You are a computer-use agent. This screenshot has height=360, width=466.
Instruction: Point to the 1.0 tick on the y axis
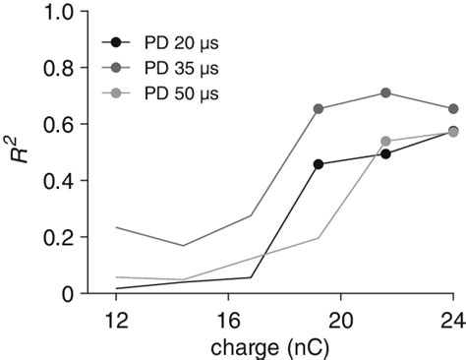62,13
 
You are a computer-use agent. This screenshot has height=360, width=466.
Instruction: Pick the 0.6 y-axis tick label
62,125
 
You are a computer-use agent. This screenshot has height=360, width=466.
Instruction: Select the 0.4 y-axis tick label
62,181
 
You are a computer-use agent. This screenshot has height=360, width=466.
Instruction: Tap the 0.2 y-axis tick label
62,237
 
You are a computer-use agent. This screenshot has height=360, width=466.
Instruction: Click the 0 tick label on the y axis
69,293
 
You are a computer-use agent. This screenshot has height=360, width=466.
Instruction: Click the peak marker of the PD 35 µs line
385,93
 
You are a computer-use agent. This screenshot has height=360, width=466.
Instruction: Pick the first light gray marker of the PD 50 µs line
385,142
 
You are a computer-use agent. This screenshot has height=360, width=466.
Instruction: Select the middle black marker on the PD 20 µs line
385,154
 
